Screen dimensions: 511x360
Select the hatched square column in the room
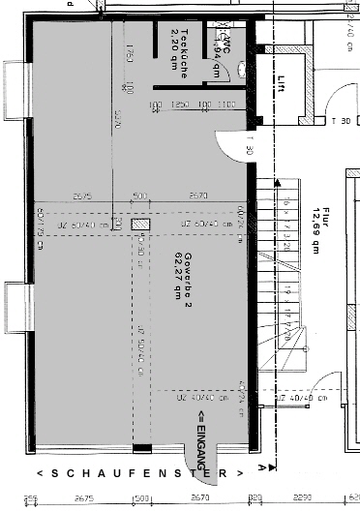[x=141, y=224]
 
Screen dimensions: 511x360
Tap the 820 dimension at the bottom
[x=255, y=498]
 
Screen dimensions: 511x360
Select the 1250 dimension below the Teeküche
[x=178, y=104]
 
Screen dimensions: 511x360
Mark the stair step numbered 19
[x=287, y=288]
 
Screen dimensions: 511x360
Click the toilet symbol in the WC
[x=223, y=26]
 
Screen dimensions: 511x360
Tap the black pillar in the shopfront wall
[x=141, y=447]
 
